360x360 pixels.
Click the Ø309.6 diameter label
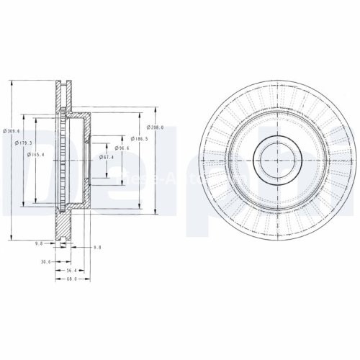point(11,130)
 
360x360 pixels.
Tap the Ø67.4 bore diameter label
point(108,157)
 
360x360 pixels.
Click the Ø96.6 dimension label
point(122,148)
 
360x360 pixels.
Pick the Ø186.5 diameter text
point(140,138)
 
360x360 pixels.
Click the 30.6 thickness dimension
point(47,261)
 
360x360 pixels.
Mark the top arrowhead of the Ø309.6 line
point(12,80)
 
